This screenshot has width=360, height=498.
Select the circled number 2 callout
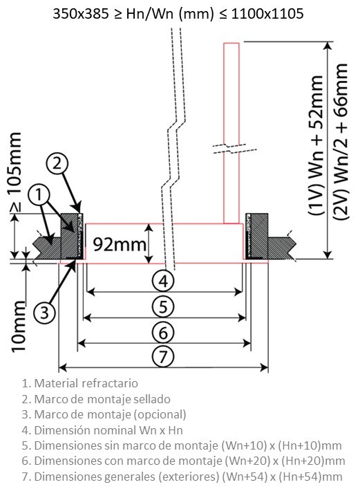(x=57, y=163)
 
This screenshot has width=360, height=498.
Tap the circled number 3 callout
(x=44, y=312)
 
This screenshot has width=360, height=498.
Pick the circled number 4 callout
(x=163, y=281)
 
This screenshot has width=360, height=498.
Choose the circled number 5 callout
(x=163, y=307)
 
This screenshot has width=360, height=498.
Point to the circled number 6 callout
(x=163, y=333)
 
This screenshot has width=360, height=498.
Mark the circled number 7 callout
(x=163, y=356)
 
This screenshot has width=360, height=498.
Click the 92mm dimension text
(x=120, y=245)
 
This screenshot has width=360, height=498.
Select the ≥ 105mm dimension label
(x=15, y=172)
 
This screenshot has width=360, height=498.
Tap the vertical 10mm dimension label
(x=19, y=326)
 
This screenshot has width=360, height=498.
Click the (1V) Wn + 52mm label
(x=316, y=145)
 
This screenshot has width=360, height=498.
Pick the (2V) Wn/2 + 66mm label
(x=341, y=141)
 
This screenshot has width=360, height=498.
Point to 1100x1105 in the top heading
(x=267, y=14)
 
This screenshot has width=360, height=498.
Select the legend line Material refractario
(x=80, y=383)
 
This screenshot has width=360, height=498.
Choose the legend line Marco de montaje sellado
(x=96, y=399)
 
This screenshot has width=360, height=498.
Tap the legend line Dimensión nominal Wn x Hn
(x=102, y=430)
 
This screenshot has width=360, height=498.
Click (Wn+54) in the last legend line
(x=245, y=477)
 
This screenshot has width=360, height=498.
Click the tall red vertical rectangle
(x=231, y=133)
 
